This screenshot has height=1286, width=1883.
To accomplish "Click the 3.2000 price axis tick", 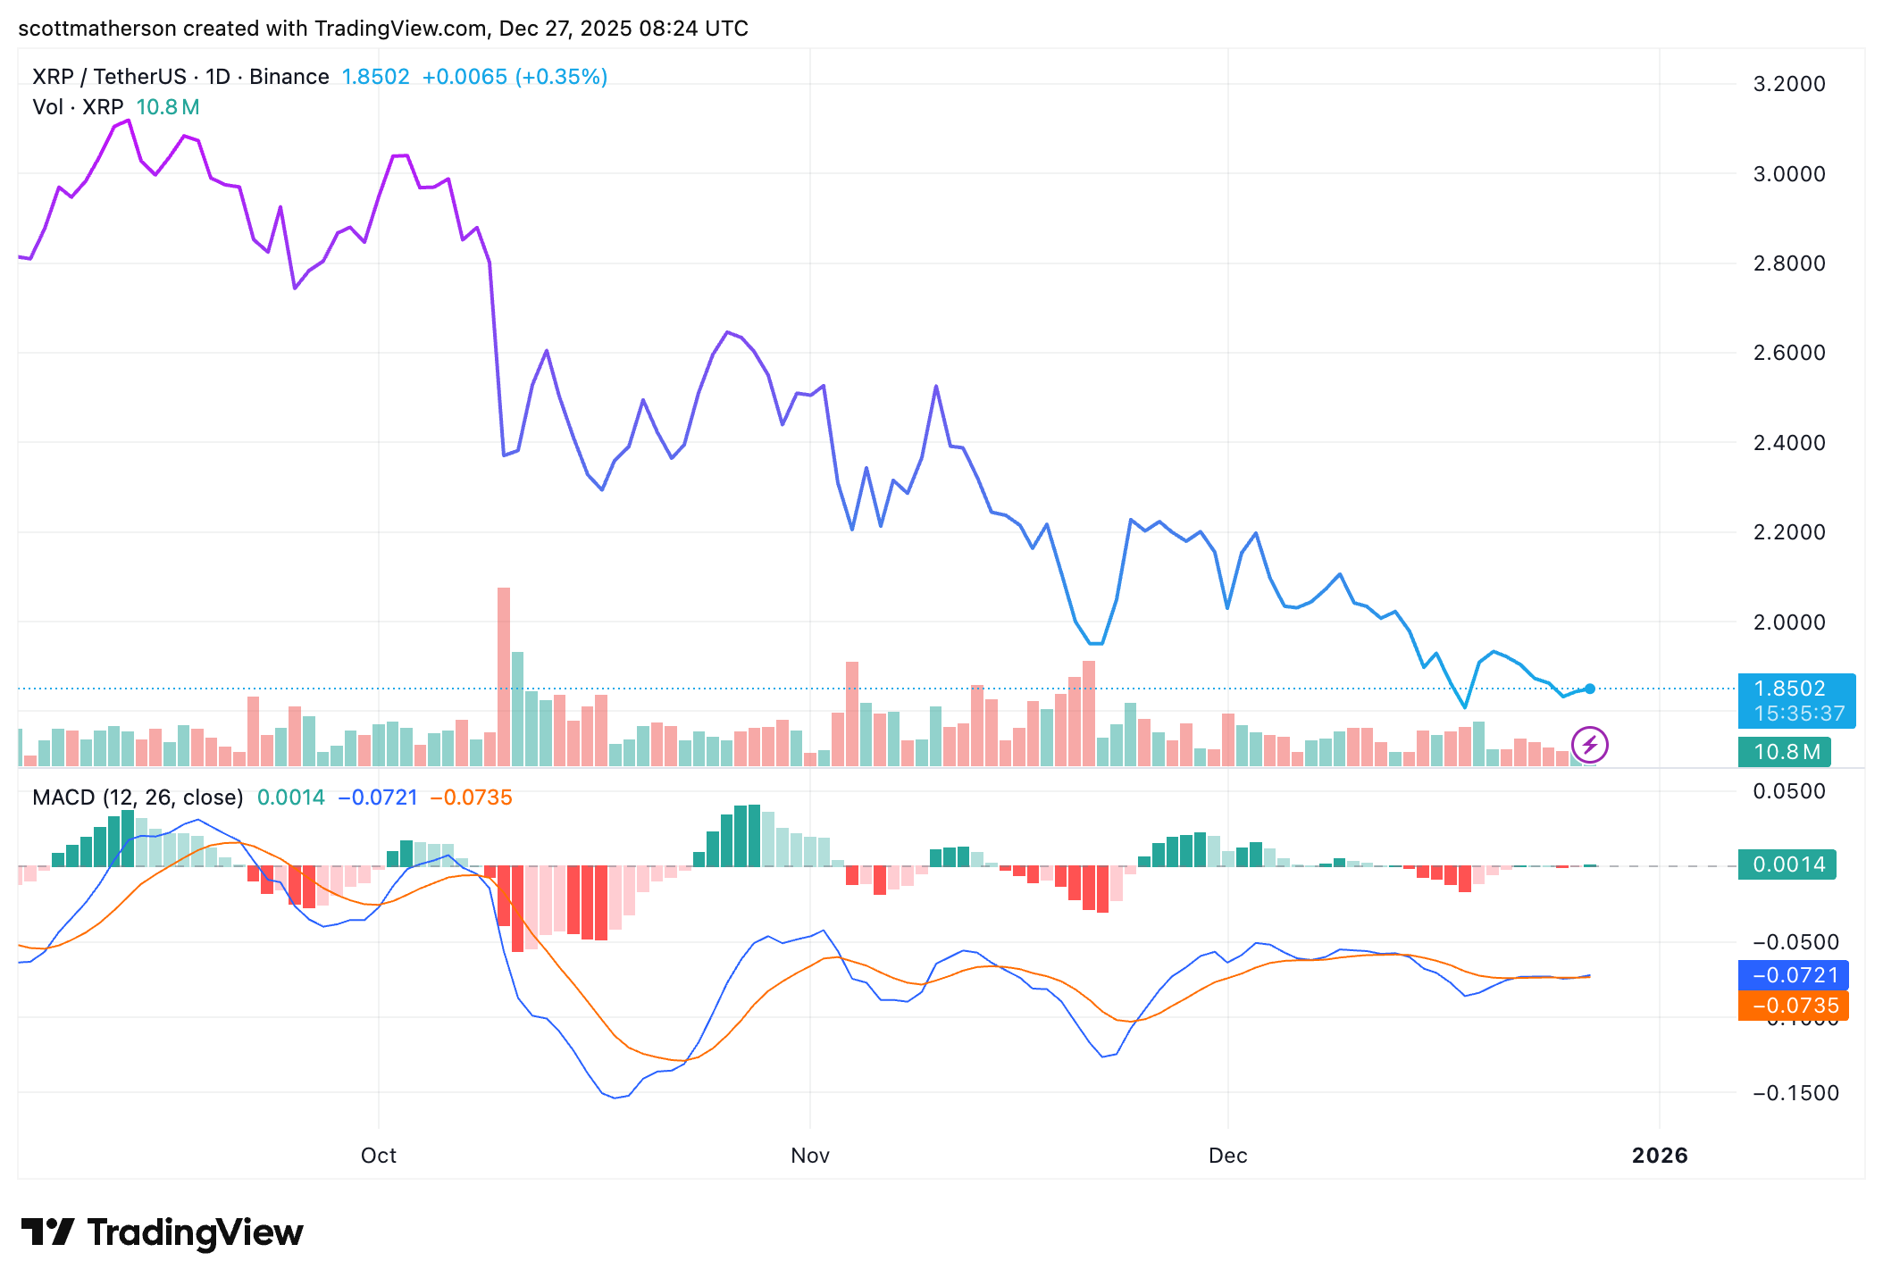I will tap(1788, 84).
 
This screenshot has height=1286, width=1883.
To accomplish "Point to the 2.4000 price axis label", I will tap(1788, 443).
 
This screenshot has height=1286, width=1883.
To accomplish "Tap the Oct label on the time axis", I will tap(378, 1156).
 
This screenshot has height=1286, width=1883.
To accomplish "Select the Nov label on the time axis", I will tap(810, 1156).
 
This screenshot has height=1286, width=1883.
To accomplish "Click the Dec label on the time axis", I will tap(1227, 1156).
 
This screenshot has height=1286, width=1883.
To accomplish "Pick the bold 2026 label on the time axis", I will tap(1660, 1156).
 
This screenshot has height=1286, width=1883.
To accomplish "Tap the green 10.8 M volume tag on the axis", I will tap(1784, 752).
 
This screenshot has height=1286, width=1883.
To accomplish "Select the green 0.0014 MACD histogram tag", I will tap(1787, 864).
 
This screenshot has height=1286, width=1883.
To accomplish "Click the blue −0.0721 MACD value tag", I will tap(1794, 975).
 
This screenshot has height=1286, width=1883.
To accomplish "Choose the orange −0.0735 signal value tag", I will tap(1794, 1006).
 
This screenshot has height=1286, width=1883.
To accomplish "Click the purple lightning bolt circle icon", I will tap(1590, 745).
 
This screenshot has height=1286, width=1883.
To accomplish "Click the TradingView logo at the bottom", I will tap(163, 1233).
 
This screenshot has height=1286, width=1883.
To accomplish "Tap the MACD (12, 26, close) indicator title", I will tap(138, 797).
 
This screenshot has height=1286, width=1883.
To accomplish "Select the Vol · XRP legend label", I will tap(78, 107).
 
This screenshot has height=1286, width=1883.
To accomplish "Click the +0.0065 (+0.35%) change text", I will tap(515, 77).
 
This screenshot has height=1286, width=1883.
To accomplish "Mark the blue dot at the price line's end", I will tap(1590, 689).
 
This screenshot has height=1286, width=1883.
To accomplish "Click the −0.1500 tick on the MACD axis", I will tap(1795, 1093).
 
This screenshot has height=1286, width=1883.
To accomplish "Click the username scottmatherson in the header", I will tap(97, 29).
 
